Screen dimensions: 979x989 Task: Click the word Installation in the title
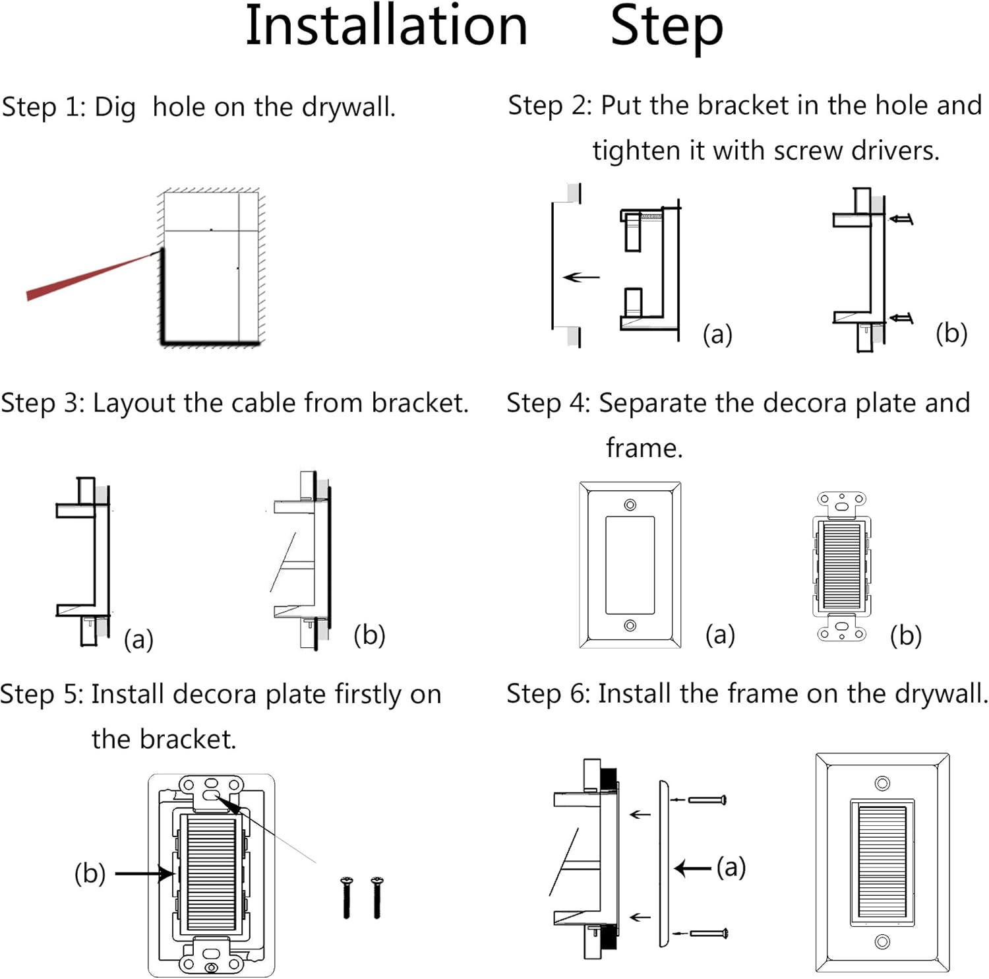[386, 26]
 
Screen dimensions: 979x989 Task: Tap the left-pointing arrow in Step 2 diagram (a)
[581, 277]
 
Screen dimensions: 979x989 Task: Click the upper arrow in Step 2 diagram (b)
[901, 219]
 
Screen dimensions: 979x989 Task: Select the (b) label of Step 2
[951, 333]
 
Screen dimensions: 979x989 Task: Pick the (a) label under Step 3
[138, 639]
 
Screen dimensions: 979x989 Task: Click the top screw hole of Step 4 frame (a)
[630, 505]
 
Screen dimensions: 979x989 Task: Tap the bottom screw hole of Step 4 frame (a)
[630, 625]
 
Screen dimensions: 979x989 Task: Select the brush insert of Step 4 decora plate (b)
[841, 565]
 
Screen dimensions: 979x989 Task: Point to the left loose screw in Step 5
[347, 897]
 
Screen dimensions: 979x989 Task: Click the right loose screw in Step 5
[377, 897]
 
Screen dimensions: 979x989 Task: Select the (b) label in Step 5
[90, 873]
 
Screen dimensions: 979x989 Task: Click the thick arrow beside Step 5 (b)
[144, 873]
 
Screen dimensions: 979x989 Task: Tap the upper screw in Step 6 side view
[707, 800]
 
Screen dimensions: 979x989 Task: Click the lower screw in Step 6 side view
[708, 933]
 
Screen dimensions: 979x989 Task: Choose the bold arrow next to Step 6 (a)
[693, 868]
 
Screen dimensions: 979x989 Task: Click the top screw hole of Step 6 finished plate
[882, 783]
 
